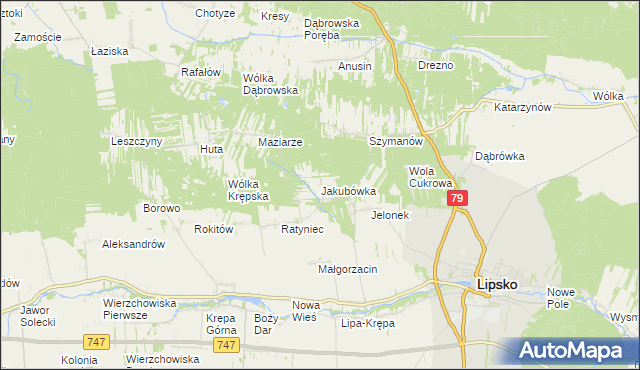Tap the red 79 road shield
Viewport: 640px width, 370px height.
(457, 199)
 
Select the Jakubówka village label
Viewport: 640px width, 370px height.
(348, 190)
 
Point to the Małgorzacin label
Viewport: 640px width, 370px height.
(347, 269)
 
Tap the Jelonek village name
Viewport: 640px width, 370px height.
(390, 215)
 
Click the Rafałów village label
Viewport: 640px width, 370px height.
(199, 72)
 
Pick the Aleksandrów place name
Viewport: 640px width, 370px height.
(133, 244)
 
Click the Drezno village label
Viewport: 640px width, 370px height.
(436, 65)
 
